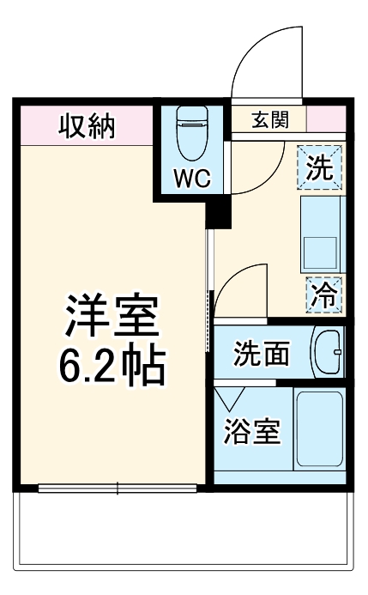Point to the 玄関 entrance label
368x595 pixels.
(269, 120)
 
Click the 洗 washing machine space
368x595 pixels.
(320, 166)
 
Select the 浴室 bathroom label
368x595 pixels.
(251, 432)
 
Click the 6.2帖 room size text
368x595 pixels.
(112, 367)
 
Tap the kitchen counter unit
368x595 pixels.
(322, 234)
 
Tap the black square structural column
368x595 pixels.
(220, 210)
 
